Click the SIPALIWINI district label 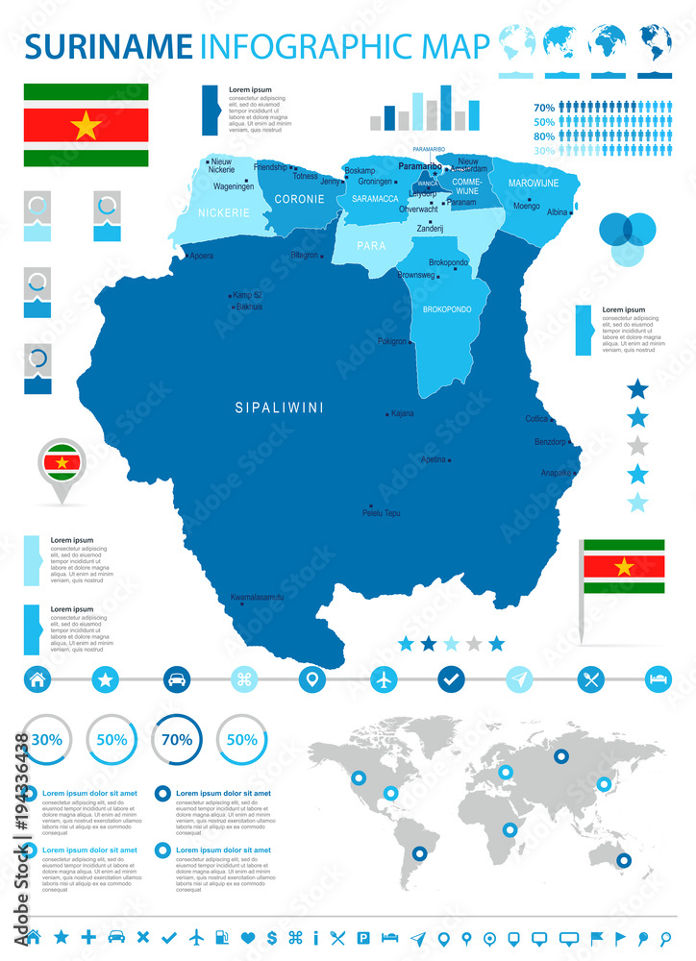pyautogui.click(x=280, y=407)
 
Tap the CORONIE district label pyautogui.click(x=299, y=199)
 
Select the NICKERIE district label pyautogui.click(x=225, y=212)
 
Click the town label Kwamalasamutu pyautogui.click(x=257, y=598)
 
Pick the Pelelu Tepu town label pyautogui.click(x=381, y=513)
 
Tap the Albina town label pyautogui.click(x=557, y=211)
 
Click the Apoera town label pyautogui.click(x=202, y=256)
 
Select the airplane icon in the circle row pyautogui.click(x=384, y=679)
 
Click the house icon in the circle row pyautogui.click(x=37, y=679)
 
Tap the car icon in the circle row pyautogui.click(x=176, y=679)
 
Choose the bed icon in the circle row pyautogui.click(x=659, y=679)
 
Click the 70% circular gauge pyautogui.click(x=176, y=740)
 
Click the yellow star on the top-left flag pyautogui.click(x=86, y=125)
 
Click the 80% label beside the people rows pyautogui.click(x=544, y=136)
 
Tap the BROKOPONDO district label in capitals pyautogui.click(x=447, y=309)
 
